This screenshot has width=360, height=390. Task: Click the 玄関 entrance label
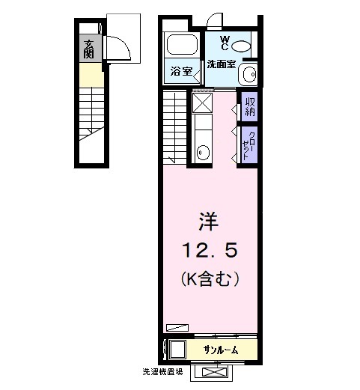tap(89, 49)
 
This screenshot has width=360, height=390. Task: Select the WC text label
tap(224, 42)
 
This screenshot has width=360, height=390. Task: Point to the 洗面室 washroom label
tap(222, 63)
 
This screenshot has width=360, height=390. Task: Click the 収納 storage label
tap(248, 106)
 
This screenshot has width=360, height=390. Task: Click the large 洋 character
tap(208, 222)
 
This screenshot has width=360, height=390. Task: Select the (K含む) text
tap(209, 280)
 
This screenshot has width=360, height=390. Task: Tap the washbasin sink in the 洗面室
tap(248, 75)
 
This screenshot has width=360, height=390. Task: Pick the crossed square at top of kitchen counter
tap(203, 101)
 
